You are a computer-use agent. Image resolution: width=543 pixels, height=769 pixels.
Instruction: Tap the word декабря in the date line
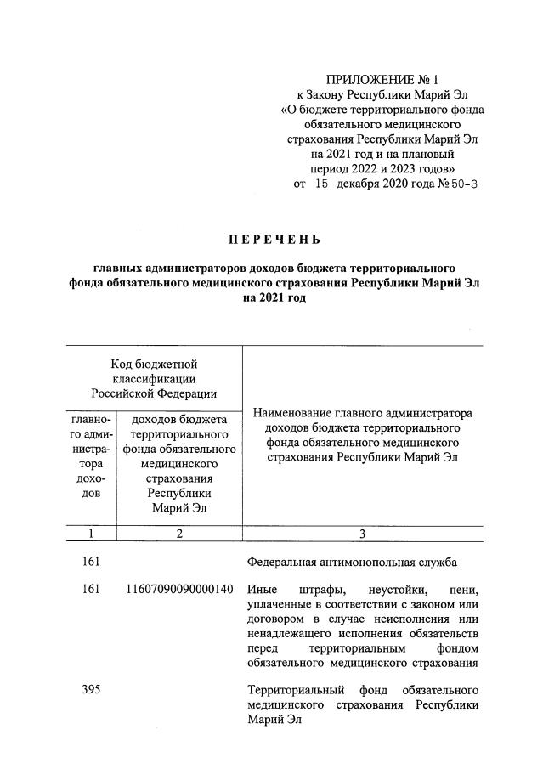coord(364,184)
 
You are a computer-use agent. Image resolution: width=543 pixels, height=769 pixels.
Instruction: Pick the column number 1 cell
coord(91,534)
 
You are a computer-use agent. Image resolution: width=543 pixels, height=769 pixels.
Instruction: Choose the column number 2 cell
coord(179,534)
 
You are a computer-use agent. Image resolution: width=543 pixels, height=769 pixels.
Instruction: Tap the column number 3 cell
coord(362,534)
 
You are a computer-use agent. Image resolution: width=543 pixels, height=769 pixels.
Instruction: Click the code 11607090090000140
coord(179,590)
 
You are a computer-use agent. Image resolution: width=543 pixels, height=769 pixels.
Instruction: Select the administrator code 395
coord(92,689)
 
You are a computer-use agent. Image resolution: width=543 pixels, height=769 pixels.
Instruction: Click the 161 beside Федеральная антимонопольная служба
coord(92,562)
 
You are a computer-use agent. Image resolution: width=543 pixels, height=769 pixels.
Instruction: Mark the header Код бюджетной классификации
coord(154,378)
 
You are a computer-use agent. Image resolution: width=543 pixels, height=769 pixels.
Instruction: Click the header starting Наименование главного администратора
coord(362,435)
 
